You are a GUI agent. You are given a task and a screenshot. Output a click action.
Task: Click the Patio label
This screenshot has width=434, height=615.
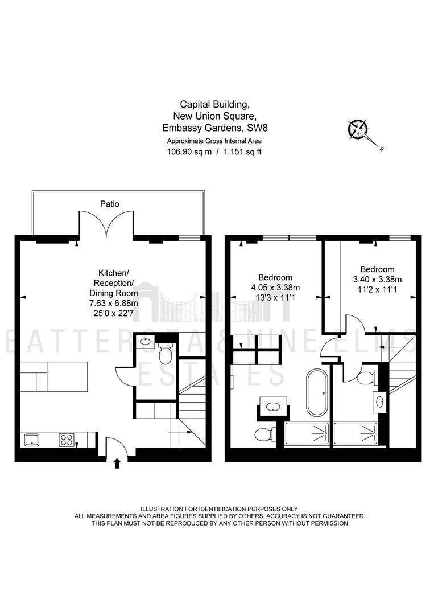click(x=109, y=204)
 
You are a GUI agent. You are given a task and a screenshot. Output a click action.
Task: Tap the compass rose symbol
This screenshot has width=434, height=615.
click(x=358, y=129)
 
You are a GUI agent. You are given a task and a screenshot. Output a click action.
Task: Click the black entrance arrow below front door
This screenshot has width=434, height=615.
click(x=117, y=464)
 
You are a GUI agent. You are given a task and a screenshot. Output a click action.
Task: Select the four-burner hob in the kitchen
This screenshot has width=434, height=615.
click(x=67, y=440)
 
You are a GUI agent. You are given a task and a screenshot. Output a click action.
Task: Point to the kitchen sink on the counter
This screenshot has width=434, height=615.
click(x=32, y=440)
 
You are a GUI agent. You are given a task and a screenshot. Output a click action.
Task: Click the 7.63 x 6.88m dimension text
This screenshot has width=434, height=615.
click(x=114, y=303)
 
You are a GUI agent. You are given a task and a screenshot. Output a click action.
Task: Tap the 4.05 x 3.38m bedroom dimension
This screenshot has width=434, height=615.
click(x=275, y=288)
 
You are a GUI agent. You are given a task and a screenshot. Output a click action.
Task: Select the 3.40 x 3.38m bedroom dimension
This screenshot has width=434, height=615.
click(x=377, y=280)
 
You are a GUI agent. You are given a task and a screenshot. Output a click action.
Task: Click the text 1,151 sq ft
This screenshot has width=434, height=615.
click(x=242, y=152)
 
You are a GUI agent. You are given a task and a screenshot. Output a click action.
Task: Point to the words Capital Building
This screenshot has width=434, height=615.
click(x=214, y=105)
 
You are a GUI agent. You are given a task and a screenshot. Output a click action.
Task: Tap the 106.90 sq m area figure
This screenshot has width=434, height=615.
click(x=189, y=152)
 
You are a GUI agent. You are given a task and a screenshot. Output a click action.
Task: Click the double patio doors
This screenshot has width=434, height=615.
click(x=106, y=224)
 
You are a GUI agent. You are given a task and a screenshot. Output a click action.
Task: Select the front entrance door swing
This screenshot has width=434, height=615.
click(x=117, y=446)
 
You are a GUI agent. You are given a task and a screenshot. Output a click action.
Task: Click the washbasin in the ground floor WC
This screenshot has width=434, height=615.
click(x=146, y=341)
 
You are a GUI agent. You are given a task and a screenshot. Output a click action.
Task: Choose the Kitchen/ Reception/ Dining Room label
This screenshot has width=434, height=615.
click(x=114, y=283)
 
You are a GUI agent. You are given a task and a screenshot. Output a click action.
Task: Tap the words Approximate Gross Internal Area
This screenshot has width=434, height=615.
click(x=214, y=141)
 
